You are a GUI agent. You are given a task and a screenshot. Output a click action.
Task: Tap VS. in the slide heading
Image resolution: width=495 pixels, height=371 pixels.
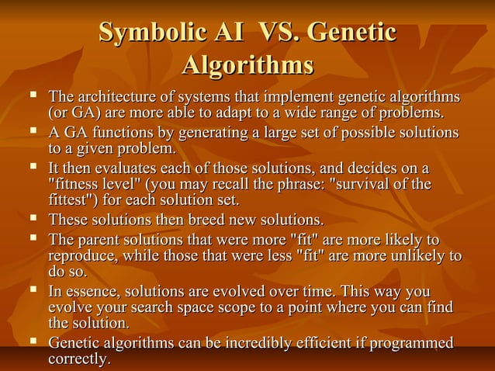click(x=269, y=33)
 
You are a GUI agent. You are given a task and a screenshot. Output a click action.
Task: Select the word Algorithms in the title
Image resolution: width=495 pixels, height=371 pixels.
click(x=247, y=65)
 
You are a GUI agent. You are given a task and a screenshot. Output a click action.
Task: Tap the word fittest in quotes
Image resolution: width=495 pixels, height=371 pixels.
click(x=74, y=199)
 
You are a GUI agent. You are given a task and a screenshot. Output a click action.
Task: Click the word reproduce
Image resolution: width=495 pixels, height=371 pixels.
click(x=82, y=255)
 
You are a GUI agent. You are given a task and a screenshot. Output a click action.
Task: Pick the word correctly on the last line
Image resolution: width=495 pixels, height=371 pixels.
click(x=78, y=359)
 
